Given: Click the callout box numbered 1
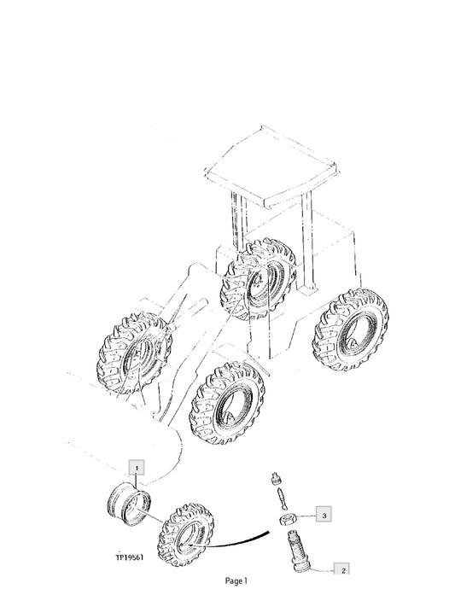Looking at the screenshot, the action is [137, 468].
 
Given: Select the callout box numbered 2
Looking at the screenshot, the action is [342, 570].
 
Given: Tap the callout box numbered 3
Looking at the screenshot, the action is [324, 515].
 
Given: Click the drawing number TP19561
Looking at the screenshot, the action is [129, 557].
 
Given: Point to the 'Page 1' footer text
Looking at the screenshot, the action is [236, 581].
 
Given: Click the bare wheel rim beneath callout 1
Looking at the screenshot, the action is [129, 504].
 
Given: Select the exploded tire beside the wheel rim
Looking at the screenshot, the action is [186, 535].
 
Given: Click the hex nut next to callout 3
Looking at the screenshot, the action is [289, 519].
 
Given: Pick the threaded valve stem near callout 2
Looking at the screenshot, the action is [298, 549].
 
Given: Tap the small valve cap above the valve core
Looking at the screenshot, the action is [276, 479].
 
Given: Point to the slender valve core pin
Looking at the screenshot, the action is [283, 498].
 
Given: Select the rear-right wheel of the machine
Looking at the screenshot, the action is [350, 330].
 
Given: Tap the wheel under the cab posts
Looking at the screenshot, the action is [259, 279].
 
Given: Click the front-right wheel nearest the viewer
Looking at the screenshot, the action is [228, 403].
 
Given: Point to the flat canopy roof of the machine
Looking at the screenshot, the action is [271, 166].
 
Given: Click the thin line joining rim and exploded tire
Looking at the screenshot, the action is [150, 516].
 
